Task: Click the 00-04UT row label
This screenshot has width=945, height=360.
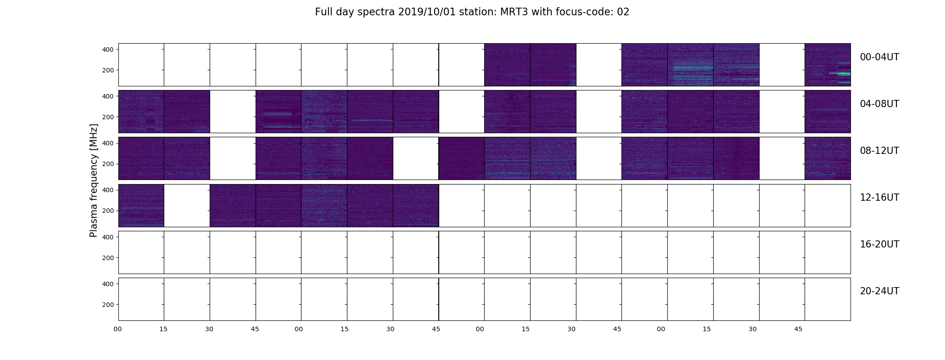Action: click(x=879, y=57)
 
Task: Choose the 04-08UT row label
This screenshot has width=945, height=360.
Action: click(x=879, y=104)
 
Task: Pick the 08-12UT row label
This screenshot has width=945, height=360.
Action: click(x=879, y=151)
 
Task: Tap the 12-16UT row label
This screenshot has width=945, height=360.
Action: click(x=879, y=198)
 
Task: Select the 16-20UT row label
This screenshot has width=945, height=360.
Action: click(x=879, y=244)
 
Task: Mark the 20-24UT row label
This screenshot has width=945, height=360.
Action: click(x=879, y=291)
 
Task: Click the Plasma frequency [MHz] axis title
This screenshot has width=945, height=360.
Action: click(x=94, y=180)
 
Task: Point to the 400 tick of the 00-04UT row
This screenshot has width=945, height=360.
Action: click(x=108, y=49)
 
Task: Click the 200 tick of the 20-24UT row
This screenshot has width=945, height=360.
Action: click(x=108, y=305)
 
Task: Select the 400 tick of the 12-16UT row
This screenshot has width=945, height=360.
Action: click(x=108, y=190)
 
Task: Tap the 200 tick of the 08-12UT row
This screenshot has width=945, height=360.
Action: click(x=108, y=164)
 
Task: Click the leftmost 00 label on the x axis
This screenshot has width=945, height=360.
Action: click(x=118, y=329)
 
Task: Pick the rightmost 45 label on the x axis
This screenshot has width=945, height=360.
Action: click(x=798, y=329)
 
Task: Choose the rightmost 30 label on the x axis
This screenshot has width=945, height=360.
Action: click(x=752, y=329)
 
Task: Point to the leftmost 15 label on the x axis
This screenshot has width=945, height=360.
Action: click(x=163, y=329)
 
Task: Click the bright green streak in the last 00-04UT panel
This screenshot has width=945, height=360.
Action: click(x=840, y=73)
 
